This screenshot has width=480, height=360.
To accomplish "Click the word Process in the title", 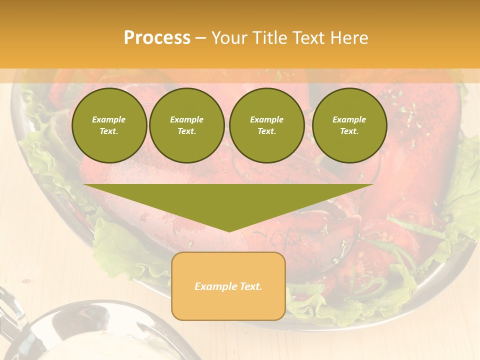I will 157,38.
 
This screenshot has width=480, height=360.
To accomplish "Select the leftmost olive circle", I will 109,125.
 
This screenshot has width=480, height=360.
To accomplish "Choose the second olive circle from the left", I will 187,125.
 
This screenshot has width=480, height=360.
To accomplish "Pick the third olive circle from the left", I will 266,125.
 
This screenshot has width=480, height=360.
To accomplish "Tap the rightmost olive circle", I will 349,125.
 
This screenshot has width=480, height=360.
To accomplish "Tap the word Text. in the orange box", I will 250,286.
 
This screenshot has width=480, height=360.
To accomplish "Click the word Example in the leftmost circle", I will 109,119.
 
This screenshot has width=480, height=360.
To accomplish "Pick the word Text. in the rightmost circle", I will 349,131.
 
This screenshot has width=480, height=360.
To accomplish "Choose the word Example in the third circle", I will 266,119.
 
